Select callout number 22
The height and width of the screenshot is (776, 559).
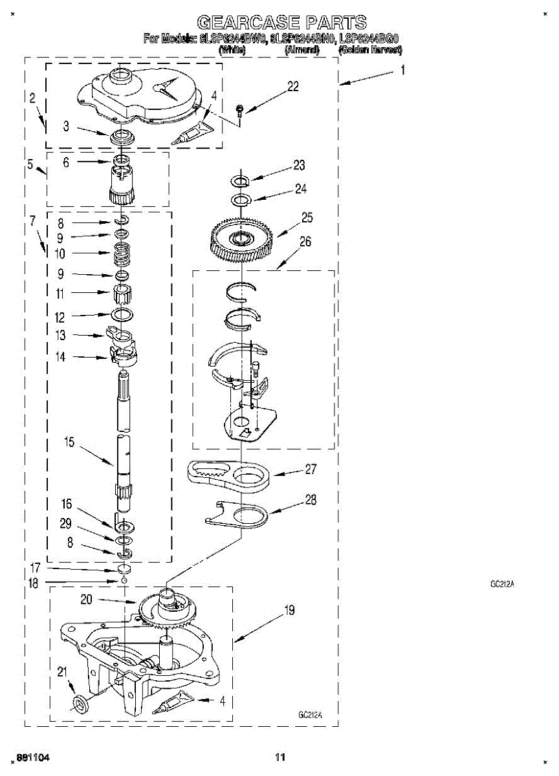[x=293, y=87]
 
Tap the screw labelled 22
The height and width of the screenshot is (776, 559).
[x=239, y=111]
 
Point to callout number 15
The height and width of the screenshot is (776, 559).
[x=69, y=443]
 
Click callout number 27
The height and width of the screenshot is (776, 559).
[x=311, y=469]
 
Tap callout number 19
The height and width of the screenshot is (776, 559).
[x=289, y=610]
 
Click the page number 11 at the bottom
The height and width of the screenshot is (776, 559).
[x=280, y=757]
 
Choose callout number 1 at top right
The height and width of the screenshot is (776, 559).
[x=402, y=72]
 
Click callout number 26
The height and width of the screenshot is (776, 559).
[x=305, y=242]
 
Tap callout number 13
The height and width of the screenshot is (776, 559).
[x=61, y=335]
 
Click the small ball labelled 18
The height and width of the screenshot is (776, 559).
[x=123, y=581]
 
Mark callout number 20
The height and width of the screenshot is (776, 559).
[x=87, y=599]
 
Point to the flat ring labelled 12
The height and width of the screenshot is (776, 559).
[x=123, y=315]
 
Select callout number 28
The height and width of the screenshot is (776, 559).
[x=311, y=499]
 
